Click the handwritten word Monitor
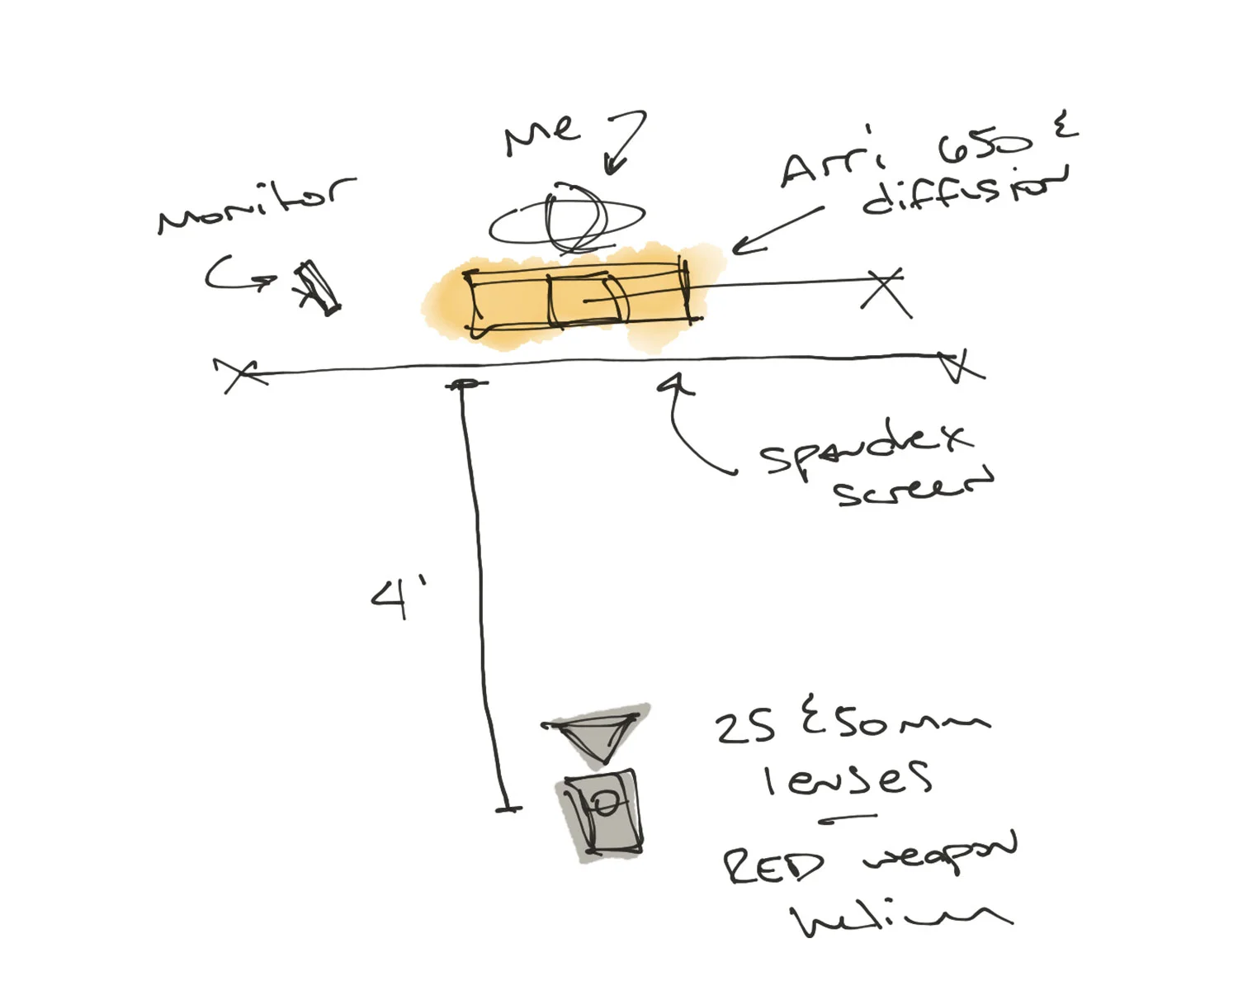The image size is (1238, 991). (256, 204)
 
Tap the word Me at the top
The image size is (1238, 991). (541, 134)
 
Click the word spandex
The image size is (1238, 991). (865, 448)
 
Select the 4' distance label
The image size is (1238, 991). (398, 597)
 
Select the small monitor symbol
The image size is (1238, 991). (317, 287)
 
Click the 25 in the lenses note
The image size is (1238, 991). (744, 727)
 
